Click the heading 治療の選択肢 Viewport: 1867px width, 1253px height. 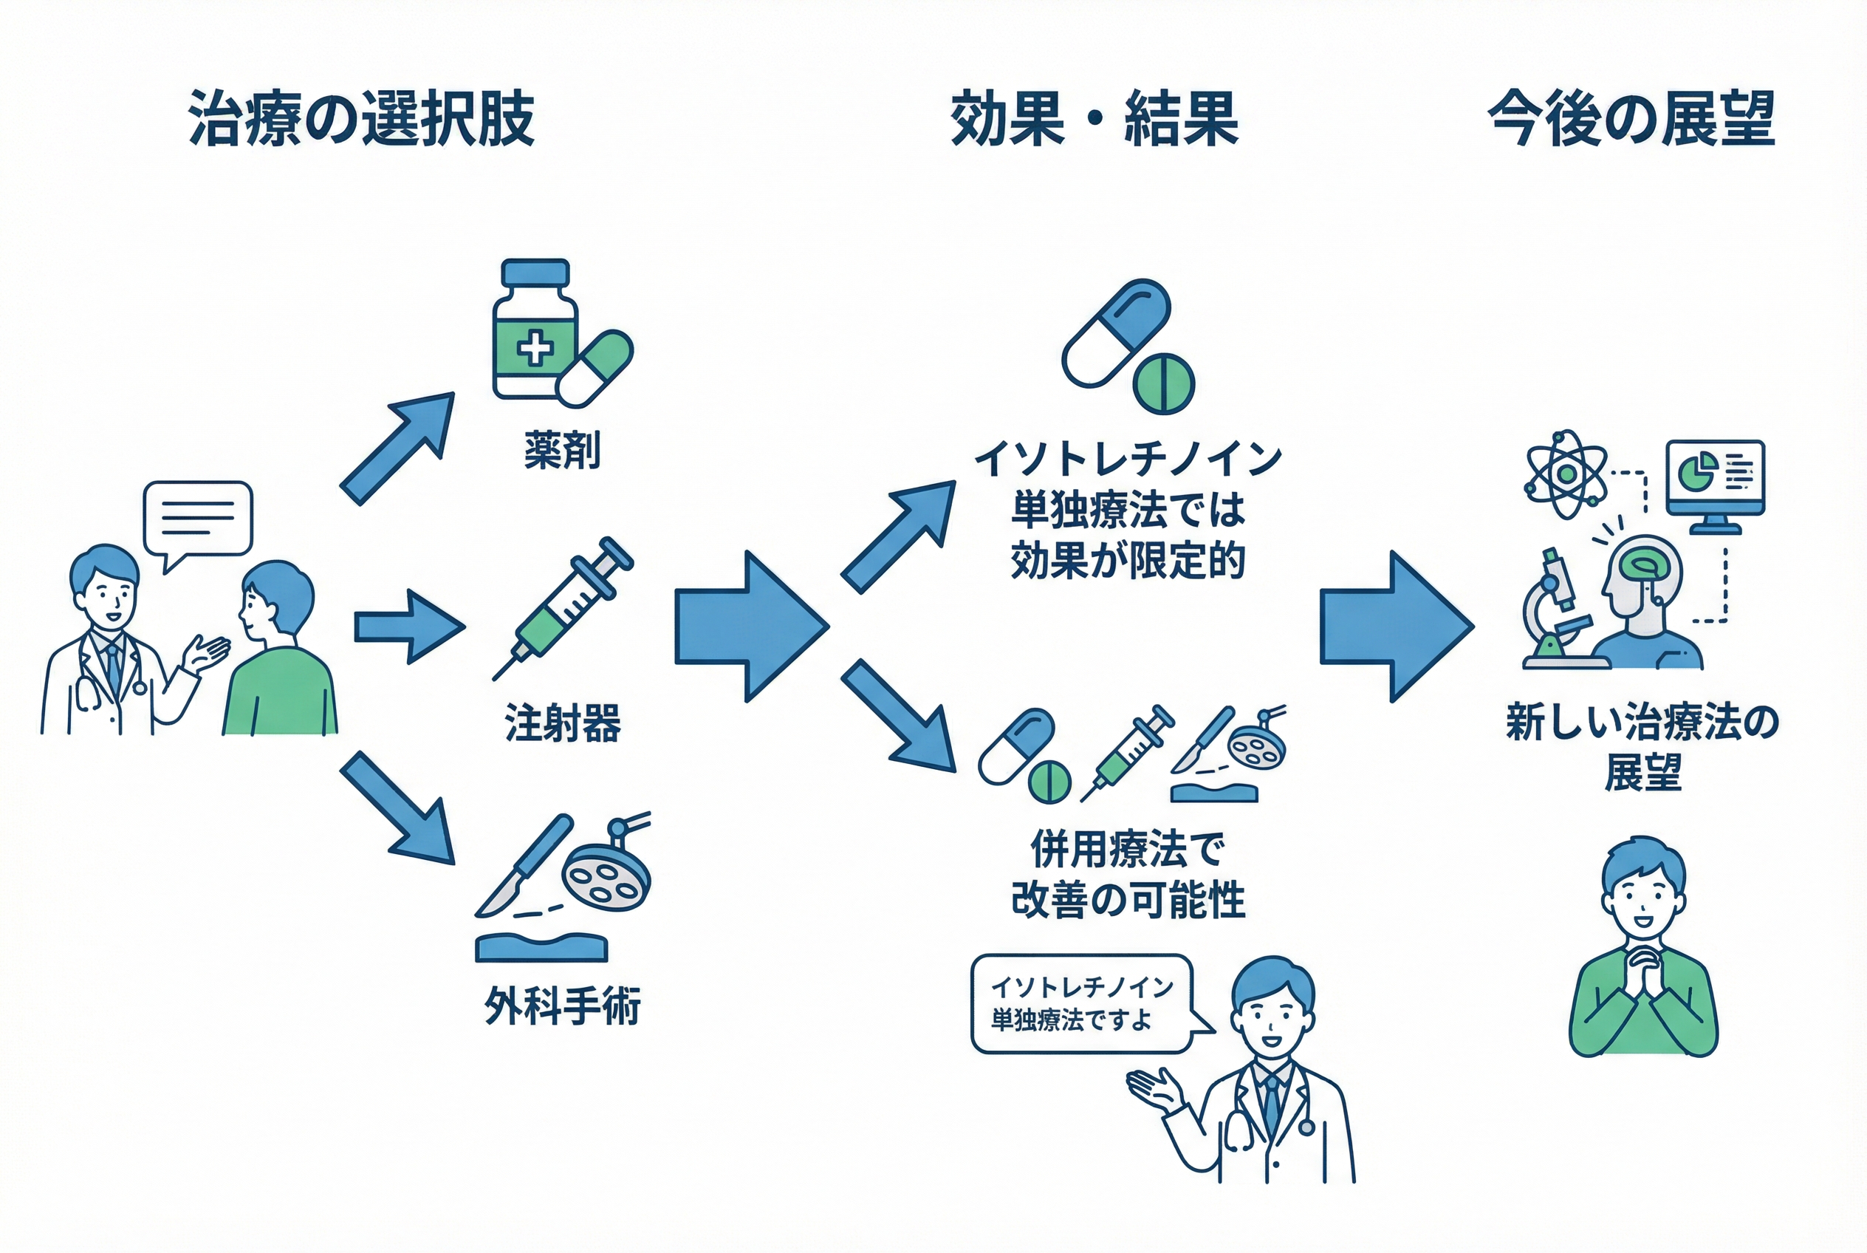point(360,119)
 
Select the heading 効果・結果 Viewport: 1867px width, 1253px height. point(1094,119)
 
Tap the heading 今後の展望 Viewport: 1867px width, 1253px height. point(1631,119)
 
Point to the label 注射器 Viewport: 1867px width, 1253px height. point(563,723)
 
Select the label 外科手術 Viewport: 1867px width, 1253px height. point(563,1006)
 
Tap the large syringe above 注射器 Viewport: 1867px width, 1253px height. point(564,607)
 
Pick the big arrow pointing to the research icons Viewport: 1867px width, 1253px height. point(1394,626)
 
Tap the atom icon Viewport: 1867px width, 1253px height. point(1566,474)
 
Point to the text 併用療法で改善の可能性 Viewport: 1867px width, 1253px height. point(1127,874)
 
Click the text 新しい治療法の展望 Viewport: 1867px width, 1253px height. point(1642,747)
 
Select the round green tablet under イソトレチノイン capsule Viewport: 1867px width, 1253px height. point(1163,384)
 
